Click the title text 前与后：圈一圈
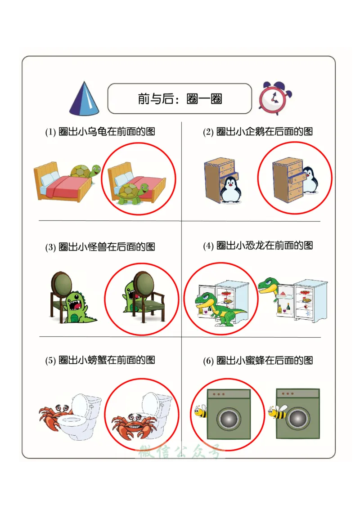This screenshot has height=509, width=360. point(180,98)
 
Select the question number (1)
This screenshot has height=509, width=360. point(50,132)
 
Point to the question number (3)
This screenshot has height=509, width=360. point(50,247)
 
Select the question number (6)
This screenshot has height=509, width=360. point(208,361)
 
